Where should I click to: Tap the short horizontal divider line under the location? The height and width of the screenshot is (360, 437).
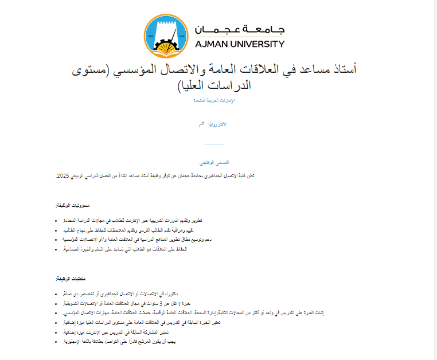(x=214, y=144)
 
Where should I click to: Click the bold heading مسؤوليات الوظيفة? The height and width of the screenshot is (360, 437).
(x=72, y=205)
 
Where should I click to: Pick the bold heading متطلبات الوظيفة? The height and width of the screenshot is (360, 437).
(x=72, y=279)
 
